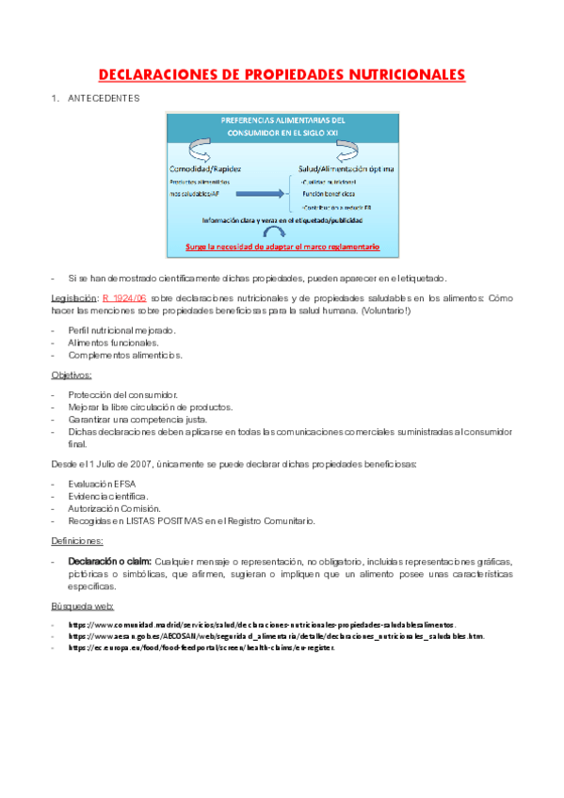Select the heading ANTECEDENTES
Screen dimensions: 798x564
tap(104, 97)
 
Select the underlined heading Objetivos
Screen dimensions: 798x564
tap(72, 375)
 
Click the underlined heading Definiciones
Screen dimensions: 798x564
tap(77, 541)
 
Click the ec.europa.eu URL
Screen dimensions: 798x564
tap(201, 648)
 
